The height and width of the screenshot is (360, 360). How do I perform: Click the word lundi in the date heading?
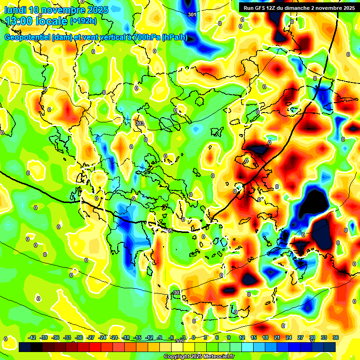[15, 10]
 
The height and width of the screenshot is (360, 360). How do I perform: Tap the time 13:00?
[20, 21]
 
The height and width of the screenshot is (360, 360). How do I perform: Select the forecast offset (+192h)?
[83, 21]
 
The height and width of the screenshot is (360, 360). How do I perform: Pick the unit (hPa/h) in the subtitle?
[174, 37]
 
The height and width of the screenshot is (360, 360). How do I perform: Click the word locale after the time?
[52, 21]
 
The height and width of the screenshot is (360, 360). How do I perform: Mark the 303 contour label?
[139, 123]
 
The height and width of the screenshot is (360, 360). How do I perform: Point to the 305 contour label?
[169, 231]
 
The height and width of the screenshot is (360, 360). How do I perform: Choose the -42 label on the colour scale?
[32, 337]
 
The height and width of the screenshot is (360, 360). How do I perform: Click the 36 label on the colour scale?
[336, 337]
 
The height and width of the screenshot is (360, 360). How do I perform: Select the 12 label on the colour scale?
[242, 337]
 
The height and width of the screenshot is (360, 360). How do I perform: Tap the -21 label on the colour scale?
[114, 337]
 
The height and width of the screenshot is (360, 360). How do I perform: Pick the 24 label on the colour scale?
[289, 337]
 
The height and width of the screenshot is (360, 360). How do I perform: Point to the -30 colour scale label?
[79, 337]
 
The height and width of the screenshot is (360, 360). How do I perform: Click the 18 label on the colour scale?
[265, 337]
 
